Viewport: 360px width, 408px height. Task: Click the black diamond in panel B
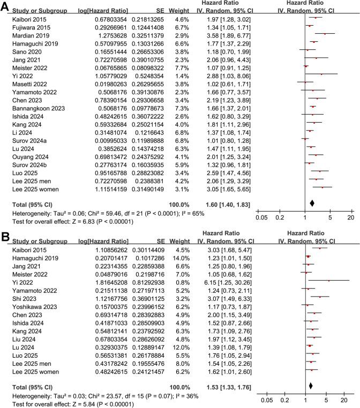tap(311, 385)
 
